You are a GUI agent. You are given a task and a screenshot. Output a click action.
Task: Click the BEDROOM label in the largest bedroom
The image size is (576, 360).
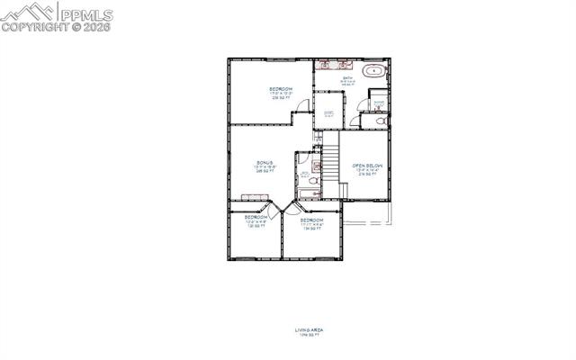(281, 88)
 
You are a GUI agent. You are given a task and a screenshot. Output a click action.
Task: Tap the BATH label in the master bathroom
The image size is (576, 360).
(347, 78)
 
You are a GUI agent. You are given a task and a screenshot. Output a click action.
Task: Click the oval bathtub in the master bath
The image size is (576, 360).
(372, 70)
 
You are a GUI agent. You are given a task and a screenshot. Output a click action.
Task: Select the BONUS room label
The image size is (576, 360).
(265, 163)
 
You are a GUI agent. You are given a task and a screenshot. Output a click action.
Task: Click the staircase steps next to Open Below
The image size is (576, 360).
(330, 162)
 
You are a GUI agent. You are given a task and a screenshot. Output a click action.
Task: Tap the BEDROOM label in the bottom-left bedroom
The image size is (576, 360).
(256, 217)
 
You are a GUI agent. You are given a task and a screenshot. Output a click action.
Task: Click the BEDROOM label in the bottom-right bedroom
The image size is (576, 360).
(311, 220)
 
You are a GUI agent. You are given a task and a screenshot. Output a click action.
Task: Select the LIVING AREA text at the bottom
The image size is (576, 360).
(309, 330)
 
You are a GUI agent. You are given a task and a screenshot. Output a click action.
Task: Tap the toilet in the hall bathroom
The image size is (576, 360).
(313, 180)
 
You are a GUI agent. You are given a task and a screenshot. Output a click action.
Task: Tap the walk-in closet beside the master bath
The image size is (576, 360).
(328, 112)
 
